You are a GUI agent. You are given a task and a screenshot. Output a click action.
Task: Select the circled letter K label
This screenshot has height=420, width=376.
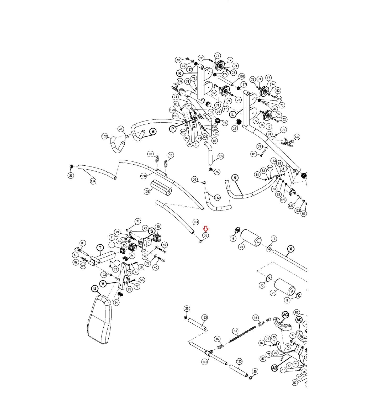coord(180,73)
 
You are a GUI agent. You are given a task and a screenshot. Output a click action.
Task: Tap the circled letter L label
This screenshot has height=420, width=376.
coord(232,114)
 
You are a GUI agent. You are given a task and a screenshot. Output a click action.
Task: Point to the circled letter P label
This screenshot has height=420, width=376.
coord(173,129)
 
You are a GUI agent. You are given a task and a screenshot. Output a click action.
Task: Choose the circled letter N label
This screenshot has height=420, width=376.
coord(235,178)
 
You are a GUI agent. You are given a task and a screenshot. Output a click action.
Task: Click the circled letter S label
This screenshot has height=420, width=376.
coord(152,231)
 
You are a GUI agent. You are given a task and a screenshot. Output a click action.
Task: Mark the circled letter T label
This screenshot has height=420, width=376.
coord(100,248)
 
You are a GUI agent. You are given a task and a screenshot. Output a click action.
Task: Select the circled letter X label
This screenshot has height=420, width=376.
coord(290,249)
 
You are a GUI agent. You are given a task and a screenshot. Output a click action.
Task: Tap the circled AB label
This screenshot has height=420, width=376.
coord(274,368)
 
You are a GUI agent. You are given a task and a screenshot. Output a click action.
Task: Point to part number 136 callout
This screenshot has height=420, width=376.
coord(147,191)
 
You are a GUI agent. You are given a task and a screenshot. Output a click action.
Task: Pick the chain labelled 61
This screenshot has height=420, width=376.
coord(243,334)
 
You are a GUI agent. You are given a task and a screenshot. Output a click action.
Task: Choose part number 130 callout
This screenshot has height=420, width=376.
coord(143,176)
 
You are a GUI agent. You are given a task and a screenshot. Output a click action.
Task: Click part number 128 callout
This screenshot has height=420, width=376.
coord(241,76)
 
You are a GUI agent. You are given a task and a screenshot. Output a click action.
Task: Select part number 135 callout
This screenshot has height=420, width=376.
coord(221,156)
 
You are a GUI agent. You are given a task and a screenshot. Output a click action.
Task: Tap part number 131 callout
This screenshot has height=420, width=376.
coord(205,362)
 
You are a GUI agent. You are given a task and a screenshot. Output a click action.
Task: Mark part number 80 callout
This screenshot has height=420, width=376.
coord(83,243)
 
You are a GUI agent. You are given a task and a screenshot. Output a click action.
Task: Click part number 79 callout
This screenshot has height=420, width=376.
coord(117,232)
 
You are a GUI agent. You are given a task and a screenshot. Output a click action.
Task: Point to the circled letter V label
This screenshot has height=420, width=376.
coord(103,284)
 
